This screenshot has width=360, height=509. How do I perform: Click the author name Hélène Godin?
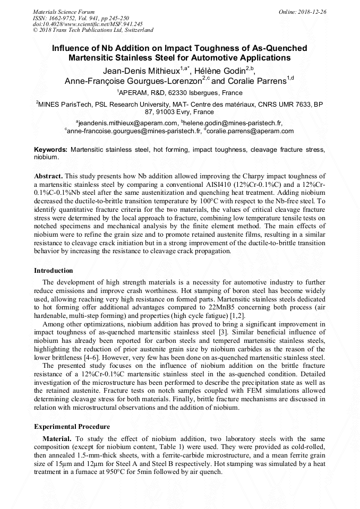tap(221, 70)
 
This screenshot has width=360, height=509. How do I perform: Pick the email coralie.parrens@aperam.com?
tap(250, 131)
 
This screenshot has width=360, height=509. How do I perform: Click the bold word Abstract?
tap(48, 176)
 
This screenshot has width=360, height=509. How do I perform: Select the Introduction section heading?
tap(54, 271)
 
